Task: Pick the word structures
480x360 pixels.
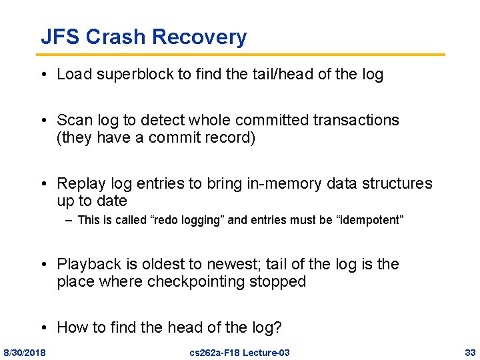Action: click(x=395, y=183)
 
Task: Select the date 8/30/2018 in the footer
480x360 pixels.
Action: click(x=25, y=352)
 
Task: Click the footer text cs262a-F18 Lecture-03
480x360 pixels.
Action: click(x=239, y=352)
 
